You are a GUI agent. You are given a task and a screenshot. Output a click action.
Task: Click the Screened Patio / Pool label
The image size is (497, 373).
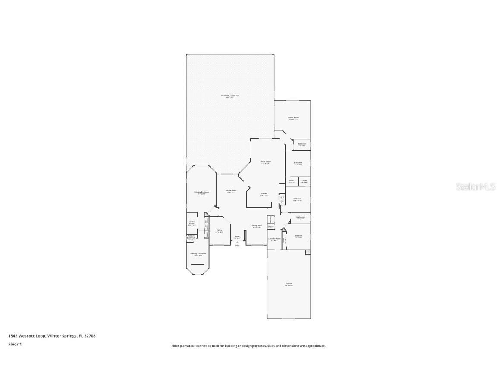230,95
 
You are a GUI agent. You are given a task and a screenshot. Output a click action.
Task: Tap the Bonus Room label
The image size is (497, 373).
293,117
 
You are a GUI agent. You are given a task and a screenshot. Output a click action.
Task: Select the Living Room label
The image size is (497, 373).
265,161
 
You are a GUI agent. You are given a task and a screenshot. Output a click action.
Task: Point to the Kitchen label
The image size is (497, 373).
264,193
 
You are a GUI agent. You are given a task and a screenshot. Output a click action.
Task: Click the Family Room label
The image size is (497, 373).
231,190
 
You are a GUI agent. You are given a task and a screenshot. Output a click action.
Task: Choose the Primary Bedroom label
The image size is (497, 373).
201,192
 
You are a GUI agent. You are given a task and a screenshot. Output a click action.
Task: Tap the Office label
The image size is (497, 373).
219,231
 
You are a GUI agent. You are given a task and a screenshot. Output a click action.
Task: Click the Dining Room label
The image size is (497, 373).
257,226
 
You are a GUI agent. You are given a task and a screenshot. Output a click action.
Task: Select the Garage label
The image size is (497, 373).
289,284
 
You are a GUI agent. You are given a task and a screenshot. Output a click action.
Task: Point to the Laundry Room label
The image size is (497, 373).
274,239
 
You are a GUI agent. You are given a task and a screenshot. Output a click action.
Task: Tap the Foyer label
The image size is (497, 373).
237,237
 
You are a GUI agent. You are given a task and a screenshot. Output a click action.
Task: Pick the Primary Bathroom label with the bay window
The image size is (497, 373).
198,254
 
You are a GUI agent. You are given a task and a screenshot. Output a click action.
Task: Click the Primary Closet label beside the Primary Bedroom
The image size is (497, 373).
192,222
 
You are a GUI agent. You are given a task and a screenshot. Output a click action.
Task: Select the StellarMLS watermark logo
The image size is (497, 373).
471,186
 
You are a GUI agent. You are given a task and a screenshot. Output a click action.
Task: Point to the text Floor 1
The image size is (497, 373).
15,344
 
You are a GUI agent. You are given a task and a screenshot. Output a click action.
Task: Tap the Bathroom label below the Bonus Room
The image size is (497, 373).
302,144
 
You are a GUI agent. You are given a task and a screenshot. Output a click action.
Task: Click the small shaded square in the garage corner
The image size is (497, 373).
308,252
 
